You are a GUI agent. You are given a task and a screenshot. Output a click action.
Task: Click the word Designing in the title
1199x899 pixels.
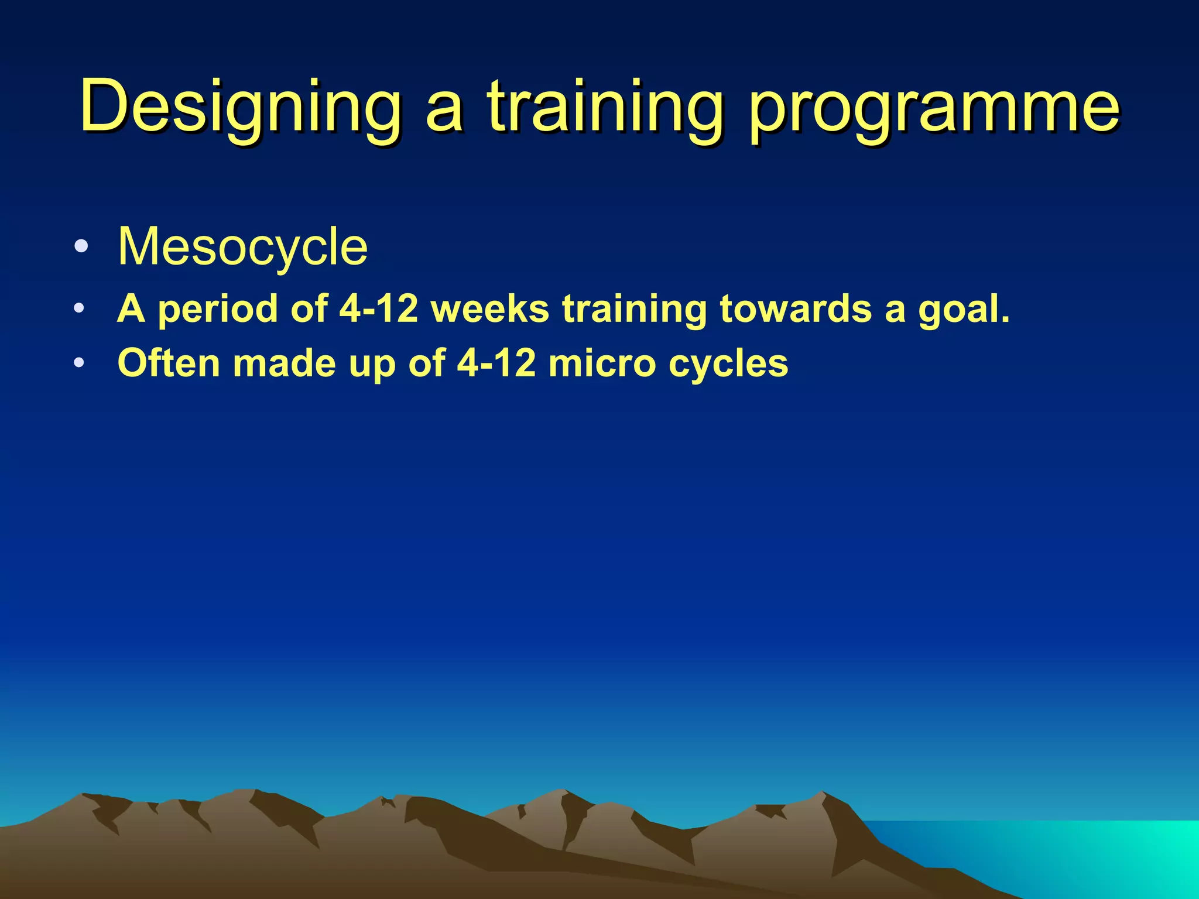tap(240, 108)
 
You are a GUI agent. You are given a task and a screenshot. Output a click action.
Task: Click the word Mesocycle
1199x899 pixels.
tap(242, 247)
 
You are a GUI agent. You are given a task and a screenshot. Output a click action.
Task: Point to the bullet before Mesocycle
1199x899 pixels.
tap(81, 246)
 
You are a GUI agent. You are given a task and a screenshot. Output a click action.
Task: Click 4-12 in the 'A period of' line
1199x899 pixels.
tap(379, 308)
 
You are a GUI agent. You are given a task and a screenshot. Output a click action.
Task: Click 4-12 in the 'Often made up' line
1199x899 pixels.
tap(496, 363)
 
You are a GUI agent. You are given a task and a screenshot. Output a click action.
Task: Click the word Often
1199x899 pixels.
tap(169, 363)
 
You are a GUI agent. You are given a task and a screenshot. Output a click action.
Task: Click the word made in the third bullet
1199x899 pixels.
tap(284, 363)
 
